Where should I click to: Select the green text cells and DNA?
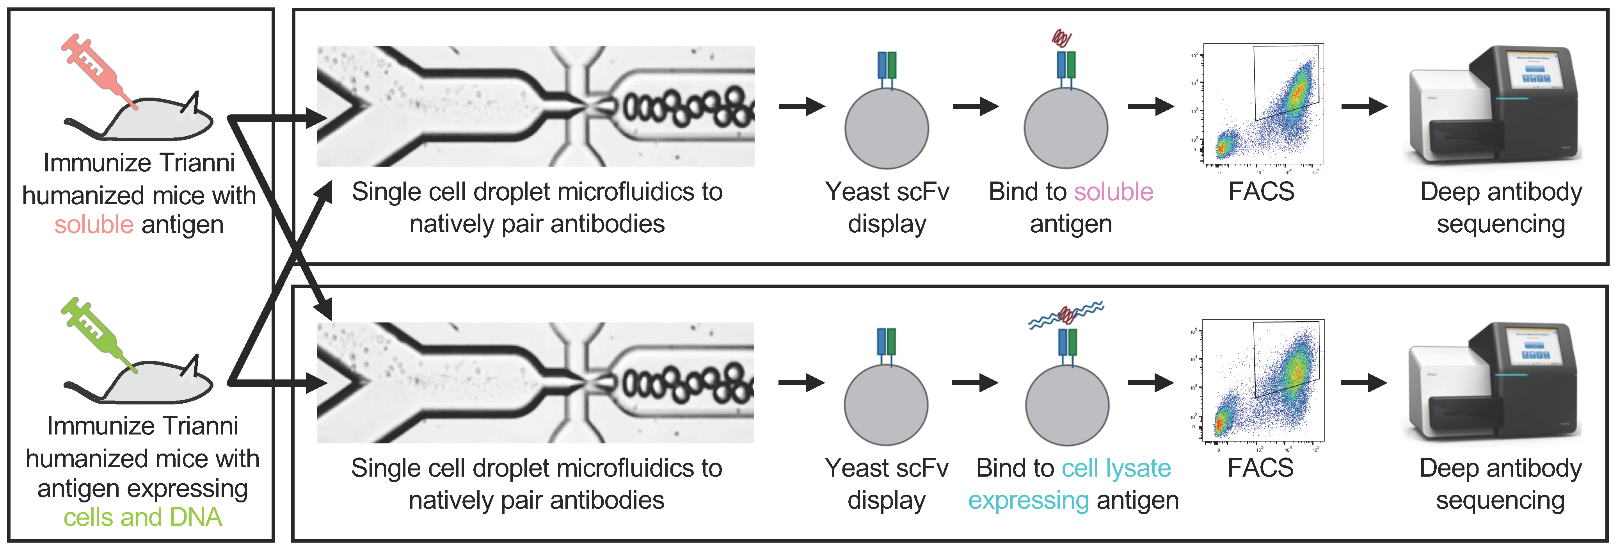click(143, 517)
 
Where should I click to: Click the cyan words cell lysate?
click(1116, 468)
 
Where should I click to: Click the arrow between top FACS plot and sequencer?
click(1364, 106)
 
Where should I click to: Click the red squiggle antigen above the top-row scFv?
click(1061, 39)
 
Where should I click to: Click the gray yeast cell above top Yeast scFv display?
click(886, 128)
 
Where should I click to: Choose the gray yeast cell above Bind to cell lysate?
click(1066, 406)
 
